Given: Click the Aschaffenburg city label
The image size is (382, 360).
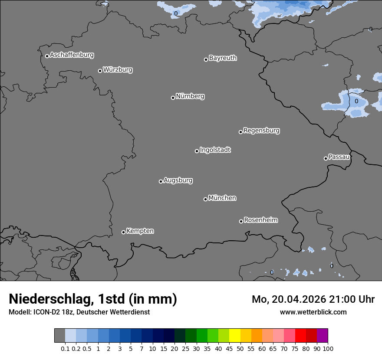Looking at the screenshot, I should (72, 55).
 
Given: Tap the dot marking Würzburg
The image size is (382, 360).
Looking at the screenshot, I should (100, 71).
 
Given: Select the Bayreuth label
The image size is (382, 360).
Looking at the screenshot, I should (223, 58).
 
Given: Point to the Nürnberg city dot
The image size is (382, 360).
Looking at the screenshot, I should (173, 98).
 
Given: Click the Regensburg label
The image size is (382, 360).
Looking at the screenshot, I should (261, 131).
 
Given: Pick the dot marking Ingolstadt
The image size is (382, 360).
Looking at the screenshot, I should (197, 151).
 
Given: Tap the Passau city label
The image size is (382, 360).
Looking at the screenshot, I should (339, 157).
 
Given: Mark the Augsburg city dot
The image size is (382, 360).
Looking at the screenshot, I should (161, 181).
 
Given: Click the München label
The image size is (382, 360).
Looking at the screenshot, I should (222, 198).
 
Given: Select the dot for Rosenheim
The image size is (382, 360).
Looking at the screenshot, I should (241, 222).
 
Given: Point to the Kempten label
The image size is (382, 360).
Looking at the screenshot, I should (140, 231).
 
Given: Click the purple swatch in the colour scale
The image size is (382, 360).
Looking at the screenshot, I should (322, 336).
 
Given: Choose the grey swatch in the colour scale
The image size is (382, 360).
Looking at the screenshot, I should (59, 336).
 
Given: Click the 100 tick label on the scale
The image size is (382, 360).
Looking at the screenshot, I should (328, 349).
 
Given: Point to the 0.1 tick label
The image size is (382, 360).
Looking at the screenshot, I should (65, 349).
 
